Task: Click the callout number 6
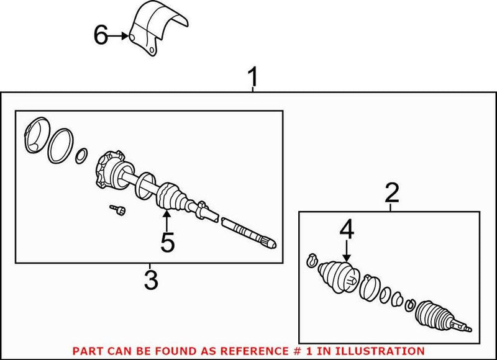[101, 36]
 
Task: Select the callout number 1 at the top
[253, 79]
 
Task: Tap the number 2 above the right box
[391, 194]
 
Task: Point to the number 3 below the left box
[150, 280]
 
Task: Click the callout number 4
[346, 231]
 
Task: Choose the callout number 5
[167, 241]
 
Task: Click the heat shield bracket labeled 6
[155, 31]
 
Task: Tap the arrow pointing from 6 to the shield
[119, 37]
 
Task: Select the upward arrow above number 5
[166, 220]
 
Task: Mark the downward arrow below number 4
[346, 251]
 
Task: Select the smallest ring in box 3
[81, 155]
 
